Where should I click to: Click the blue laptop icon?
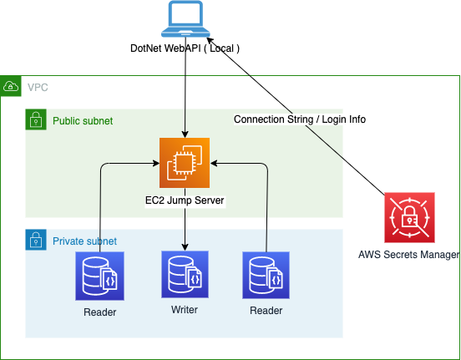(185, 19)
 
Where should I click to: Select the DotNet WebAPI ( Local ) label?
(185, 48)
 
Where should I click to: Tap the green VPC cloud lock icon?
(11, 86)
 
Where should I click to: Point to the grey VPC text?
(38, 88)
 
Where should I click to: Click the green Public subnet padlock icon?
(36, 119)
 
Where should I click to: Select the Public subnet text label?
(83, 121)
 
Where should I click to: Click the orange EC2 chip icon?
(185, 163)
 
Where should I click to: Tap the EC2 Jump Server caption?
(185, 200)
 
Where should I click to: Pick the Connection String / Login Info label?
(300, 119)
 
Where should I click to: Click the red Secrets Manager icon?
(409, 218)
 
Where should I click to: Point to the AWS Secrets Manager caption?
(408, 255)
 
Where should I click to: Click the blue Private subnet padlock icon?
(36, 240)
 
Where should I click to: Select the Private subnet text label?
(84, 241)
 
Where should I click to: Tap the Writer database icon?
(185, 275)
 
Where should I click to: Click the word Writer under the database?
(185, 309)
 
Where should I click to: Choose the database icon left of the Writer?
(99, 276)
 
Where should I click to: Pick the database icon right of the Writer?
(266, 276)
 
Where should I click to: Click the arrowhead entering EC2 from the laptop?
(185, 134)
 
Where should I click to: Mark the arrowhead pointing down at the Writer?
(185, 247)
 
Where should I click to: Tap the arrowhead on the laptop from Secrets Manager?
(210, 40)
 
